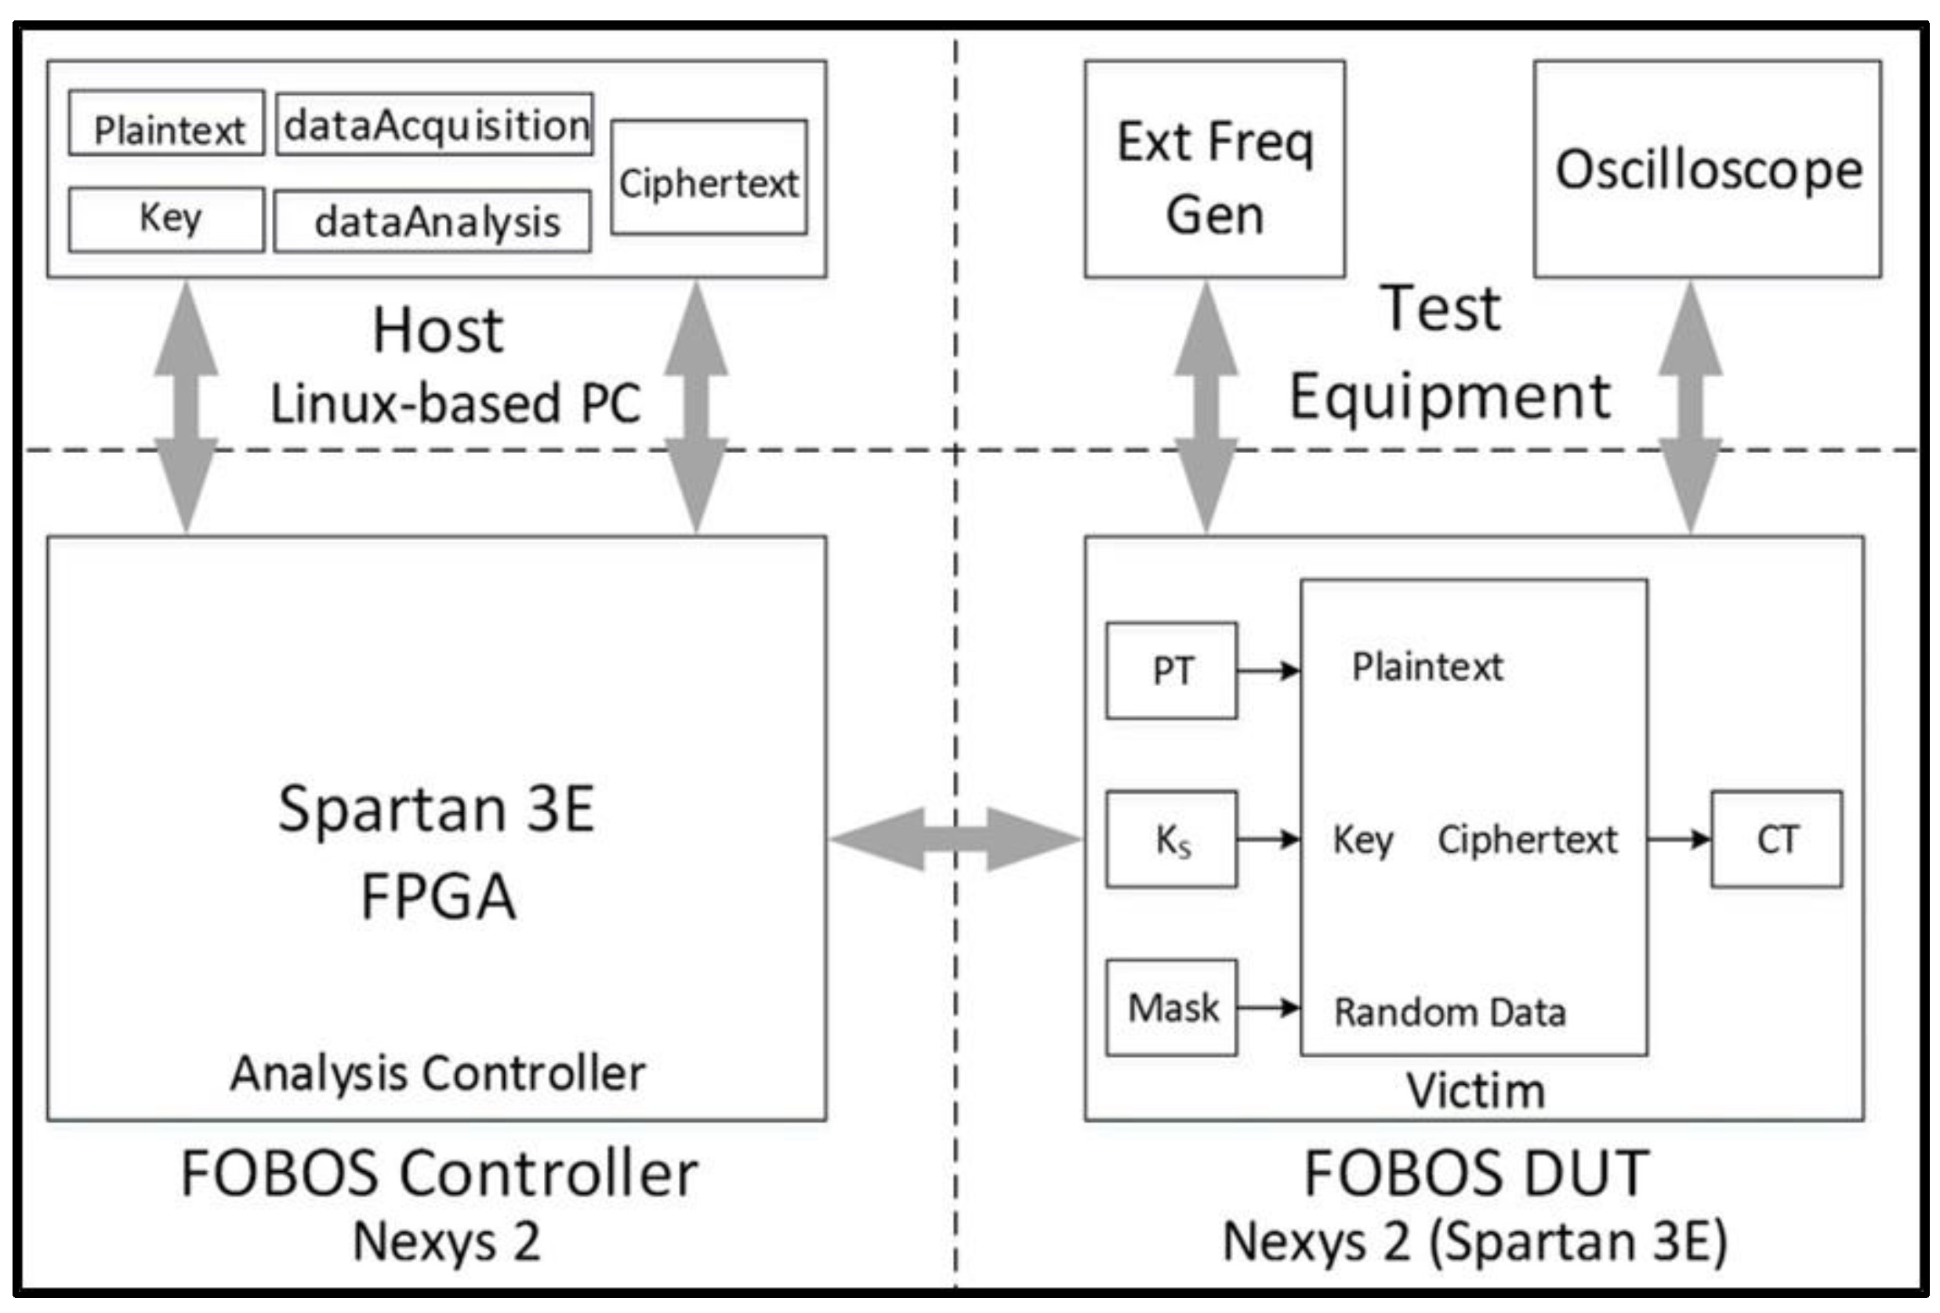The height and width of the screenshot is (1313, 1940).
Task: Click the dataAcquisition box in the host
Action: [x=435, y=125]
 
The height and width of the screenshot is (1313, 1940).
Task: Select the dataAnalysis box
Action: [x=433, y=221]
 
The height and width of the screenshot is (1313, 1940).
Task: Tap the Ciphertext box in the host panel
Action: [x=709, y=178]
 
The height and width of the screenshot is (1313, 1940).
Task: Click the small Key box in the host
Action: [x=167, y=219]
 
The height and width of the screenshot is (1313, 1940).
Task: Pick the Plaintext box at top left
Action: [x=167, y=123]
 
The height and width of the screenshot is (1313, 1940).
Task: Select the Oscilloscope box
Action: [x=1707, y=169]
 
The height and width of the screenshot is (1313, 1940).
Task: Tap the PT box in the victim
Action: [x=1171, y=670]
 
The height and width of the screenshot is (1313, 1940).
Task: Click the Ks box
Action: [x=1171, y=839]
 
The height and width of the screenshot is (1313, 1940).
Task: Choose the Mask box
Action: [x=1171, y=1007]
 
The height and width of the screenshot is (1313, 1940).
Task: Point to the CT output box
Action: [x=1776, y=839]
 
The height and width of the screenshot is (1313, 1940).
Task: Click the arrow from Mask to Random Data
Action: [x=1268, y=1007]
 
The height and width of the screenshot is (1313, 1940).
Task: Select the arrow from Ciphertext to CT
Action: [x=1679, y=839]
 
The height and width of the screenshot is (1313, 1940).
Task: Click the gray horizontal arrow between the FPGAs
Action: [x=955, y=839]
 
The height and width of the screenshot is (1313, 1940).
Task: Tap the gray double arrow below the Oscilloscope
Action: [x=1691, y=408]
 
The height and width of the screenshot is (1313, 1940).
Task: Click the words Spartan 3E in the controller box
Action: [x=436, y=808]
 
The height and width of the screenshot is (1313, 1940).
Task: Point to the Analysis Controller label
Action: [x=437, y=1072]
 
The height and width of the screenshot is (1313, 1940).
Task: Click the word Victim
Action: [x=1475, y=1091]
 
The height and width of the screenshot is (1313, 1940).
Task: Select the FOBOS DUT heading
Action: [x=1475, y=1173]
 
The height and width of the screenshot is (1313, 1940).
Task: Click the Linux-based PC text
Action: [x=455, y=403]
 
